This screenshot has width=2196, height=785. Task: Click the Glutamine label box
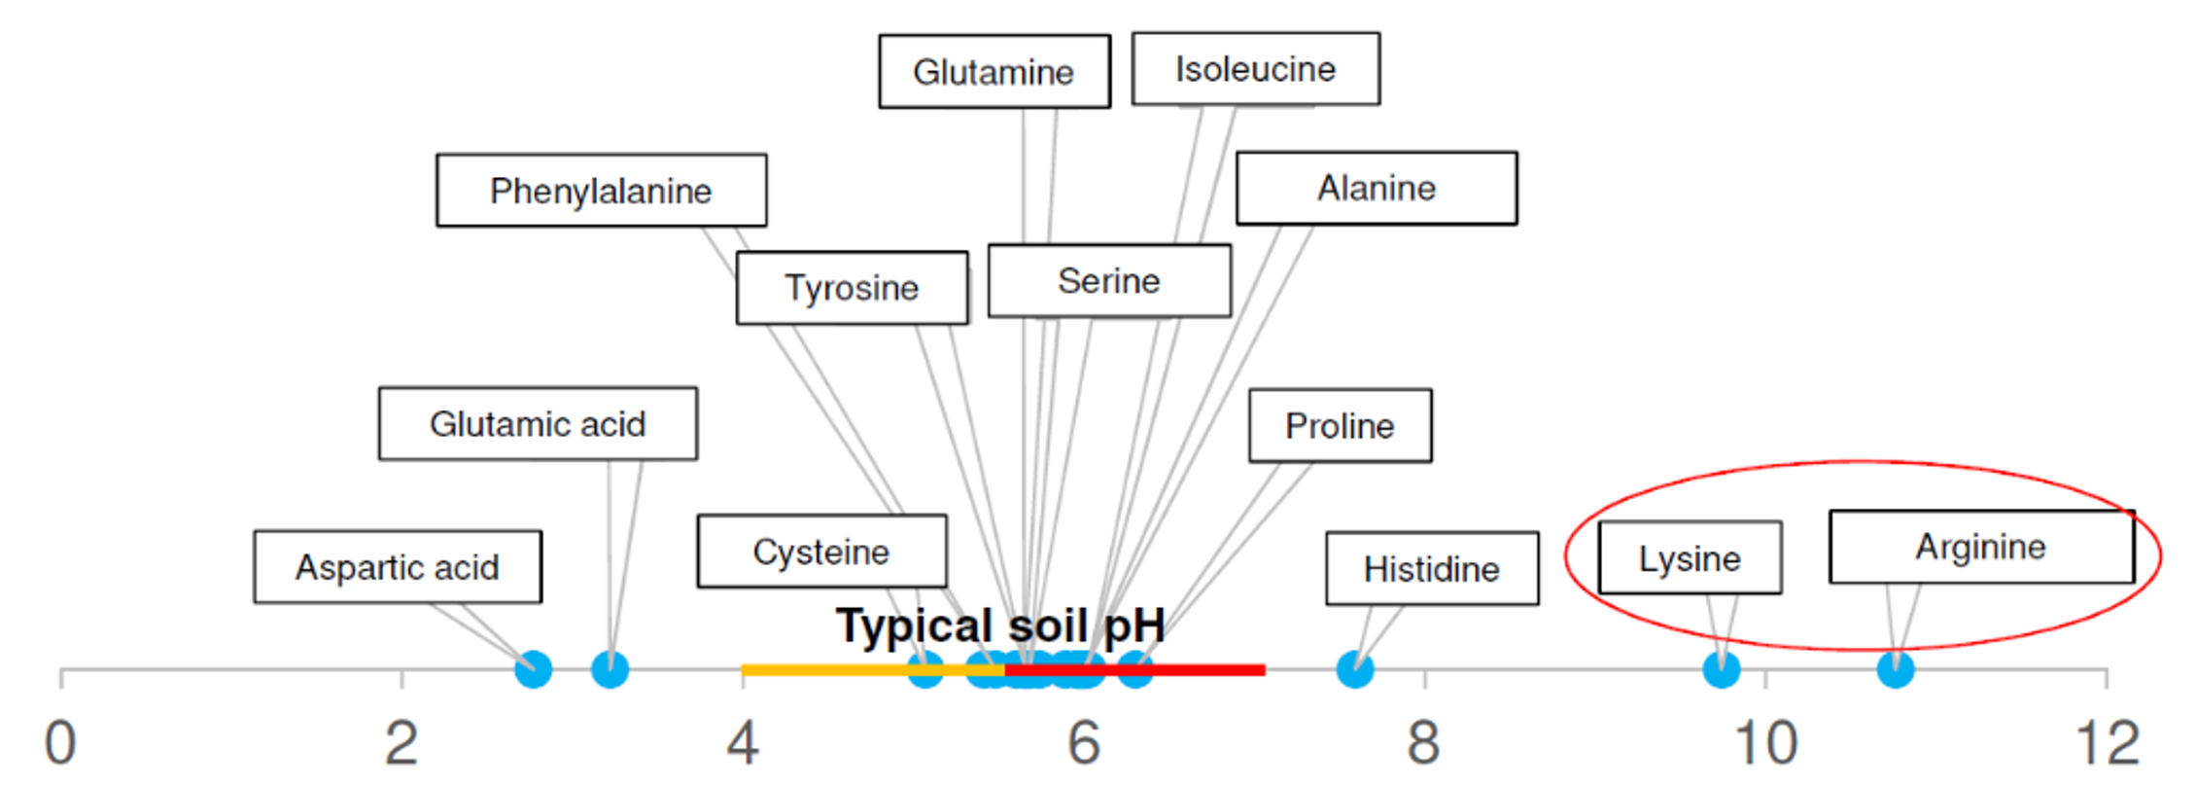coord(994,72)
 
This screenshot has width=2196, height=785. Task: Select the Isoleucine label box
coord(1256,69)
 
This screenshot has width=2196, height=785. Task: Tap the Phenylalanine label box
coord(602,191)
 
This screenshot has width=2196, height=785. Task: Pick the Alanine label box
coord(1377,188)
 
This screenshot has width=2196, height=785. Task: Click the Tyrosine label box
coord(853,288)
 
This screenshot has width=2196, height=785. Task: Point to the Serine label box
coord(1109,281)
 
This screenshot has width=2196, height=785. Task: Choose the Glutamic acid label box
coord(538,424)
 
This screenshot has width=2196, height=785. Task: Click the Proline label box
coord(1341,426)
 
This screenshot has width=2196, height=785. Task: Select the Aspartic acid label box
coord(398,567)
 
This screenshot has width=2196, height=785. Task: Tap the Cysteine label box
coord(821,552)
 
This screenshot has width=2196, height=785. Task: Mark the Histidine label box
coord(1432,569)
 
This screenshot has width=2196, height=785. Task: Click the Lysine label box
coord(1690,558)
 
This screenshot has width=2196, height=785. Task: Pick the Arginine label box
coord(1981,547)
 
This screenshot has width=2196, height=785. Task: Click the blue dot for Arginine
coord(1896,669)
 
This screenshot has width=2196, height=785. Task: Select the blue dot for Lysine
coord(1722,669)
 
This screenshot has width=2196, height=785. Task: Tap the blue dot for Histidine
coord(1355,669)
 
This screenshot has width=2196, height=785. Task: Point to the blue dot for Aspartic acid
coord(533,669)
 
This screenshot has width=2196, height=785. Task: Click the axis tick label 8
coord(1423,744)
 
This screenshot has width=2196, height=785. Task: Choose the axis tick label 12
coord(2108,744)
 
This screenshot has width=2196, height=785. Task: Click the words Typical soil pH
coord(1000,625)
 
